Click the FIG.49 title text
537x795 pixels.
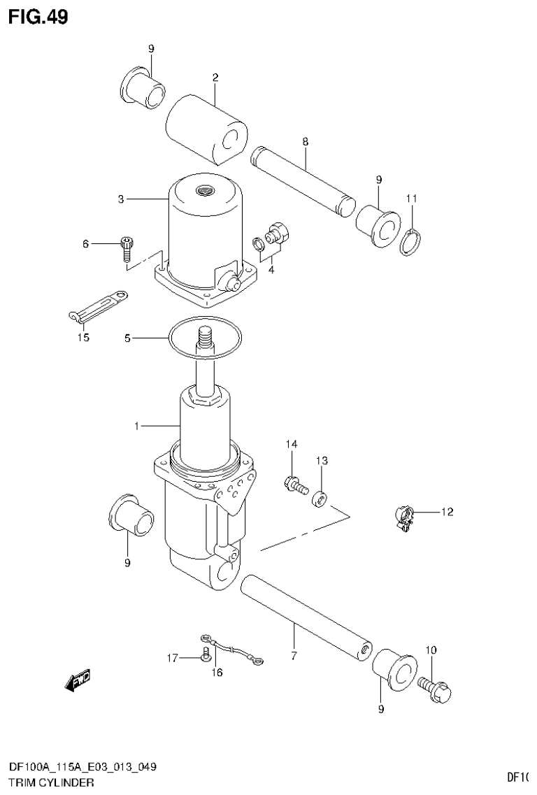click(x=38, y=16)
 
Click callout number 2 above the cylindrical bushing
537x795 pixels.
click(x=215, y=78)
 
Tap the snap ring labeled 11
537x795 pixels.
click(x=411, y=241)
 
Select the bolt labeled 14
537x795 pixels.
click(x=294, y=484)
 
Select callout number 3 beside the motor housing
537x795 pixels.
click(x=121, y=199)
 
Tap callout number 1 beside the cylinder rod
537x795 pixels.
click(x=138, y=425)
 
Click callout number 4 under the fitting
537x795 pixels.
click(x=271, y=269)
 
